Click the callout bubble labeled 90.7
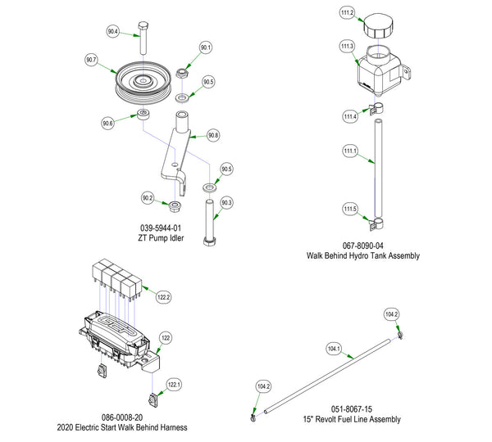click(x=90, y=60)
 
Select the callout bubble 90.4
click(x=112, y=32)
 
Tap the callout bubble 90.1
click(x=205, y=47)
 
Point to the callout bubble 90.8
click(x=213, y=134)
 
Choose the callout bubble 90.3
click(x=227, y=202)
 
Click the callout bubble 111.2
click(x=346, y=13)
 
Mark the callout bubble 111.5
click(x=350, y=209)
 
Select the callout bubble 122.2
click(x=164, y=296)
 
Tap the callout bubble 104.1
click(x=333, y=350)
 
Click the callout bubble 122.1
click(x=174, y=383)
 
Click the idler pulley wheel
click(x=145, y=82)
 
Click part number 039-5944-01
click(x=160, y=228)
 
